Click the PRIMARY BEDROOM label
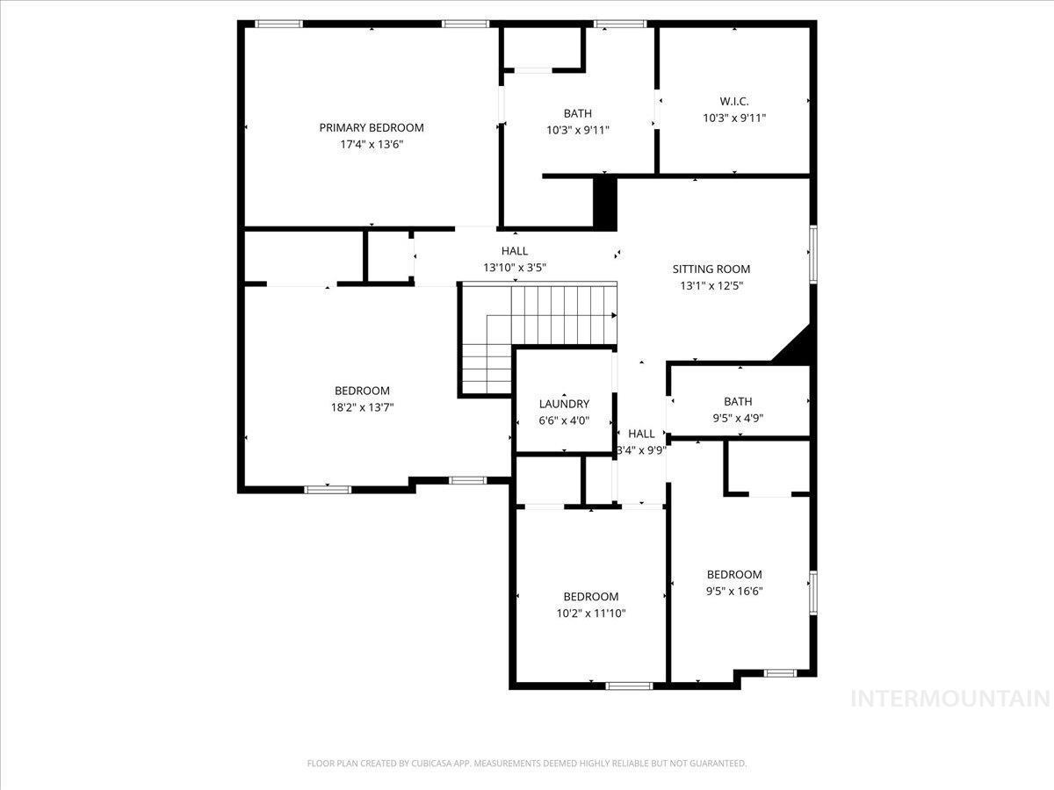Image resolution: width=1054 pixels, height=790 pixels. (x=371, y=127)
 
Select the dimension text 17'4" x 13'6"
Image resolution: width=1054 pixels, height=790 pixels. (x=371, y=144)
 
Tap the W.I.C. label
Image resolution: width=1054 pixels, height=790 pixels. (x=733, y=101)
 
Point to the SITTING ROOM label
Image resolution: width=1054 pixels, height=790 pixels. (x=711, y=269)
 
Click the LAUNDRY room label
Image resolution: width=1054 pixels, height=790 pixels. (x=564, y=404)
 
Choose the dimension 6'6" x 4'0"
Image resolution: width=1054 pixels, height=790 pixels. (x=564, y=420)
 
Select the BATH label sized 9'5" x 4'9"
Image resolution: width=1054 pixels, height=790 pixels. (x=738, y=402)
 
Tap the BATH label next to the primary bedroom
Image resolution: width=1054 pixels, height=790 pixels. (x=577, y=113)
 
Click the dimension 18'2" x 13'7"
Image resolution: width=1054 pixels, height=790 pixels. (x=362, y=407)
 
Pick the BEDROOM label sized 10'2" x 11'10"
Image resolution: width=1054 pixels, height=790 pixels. (x=590, y=597)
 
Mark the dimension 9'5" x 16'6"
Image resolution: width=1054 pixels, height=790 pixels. (x=734, y=591)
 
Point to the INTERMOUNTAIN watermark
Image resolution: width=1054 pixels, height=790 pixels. (x=950, y=699)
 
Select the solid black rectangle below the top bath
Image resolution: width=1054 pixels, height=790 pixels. (x=605, y=203)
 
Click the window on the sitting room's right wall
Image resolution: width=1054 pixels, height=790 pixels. (x=813, y=255)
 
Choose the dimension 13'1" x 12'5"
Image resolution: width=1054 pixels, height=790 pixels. (x=711, y=286)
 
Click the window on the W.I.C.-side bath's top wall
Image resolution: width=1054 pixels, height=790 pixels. (x=620, y=24)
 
